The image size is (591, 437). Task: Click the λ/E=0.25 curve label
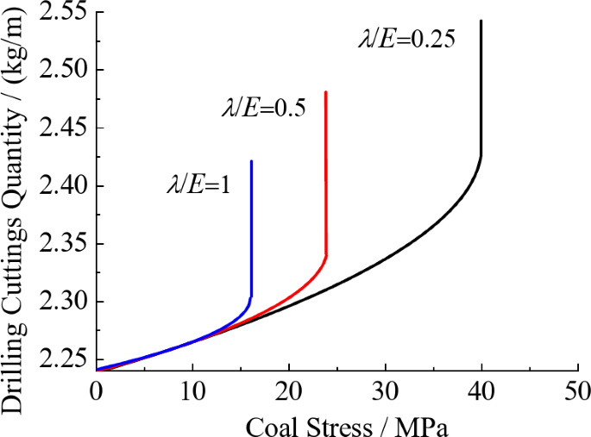pos(406,39)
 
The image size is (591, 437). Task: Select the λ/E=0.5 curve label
pos(266,109)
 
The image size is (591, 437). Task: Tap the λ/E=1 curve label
pos(198,184)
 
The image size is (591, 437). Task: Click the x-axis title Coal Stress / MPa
pos(336,424)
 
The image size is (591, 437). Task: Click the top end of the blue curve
pos(251,161)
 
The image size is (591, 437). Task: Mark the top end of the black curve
pos(481,21)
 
